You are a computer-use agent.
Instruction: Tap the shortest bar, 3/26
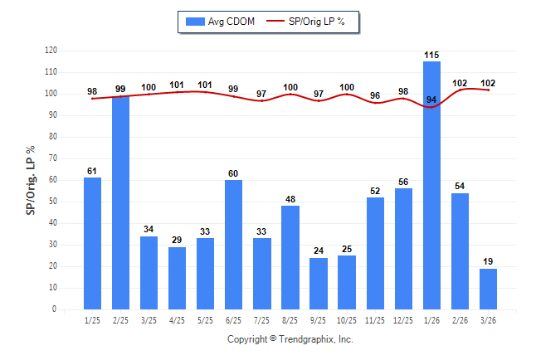coord(488,289)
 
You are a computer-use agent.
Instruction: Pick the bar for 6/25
coord(234,245)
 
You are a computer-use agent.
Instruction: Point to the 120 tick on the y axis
coord(51,51)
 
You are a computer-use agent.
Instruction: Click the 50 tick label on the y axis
coord(52,202)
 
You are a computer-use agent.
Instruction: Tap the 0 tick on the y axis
coord(55,309)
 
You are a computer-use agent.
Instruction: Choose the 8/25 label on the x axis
coord(290,320)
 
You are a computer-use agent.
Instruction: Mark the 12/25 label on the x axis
coord(403,320)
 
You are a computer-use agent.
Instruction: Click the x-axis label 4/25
coord(178,320)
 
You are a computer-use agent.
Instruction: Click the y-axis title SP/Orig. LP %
coord(32,179)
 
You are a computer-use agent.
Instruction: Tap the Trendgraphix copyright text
coord(290,339)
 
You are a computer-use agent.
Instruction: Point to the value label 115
coord(431,55)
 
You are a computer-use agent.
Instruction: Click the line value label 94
coord(431,100)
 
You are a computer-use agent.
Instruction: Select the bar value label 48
coord(290,199)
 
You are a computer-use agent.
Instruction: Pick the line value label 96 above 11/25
coord(375,96)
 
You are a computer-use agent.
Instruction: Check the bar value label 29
coord(178,240)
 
